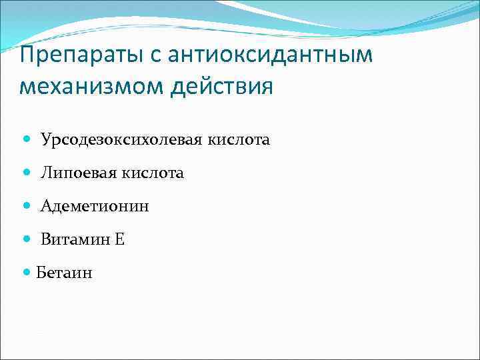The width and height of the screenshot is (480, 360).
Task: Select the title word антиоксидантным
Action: pyautogui.click(x=271, y=55)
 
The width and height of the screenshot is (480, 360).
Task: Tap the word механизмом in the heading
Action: pyautogui.click(x=93, y=87)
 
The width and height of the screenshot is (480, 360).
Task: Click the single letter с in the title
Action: pyautogui.click(x=157, y=57)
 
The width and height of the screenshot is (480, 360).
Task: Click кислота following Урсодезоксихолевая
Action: pyautogui.click(x=242, y=140)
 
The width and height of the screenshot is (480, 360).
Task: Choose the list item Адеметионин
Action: pyautogui.click(x=95, y=207)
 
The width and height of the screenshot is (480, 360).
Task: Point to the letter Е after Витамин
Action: pyautogui.click(x=119, y=239)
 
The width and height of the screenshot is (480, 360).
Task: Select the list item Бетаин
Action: pyautogui.click(x=64, y=273)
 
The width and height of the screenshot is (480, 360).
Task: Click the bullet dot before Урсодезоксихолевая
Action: pyautogui.click(x=26, y=140)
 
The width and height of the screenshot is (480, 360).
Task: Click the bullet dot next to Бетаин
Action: pyautogui.click(x=26, y=273)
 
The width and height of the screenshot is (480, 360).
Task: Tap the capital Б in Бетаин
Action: pyautogui.click(x=41, y=273)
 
